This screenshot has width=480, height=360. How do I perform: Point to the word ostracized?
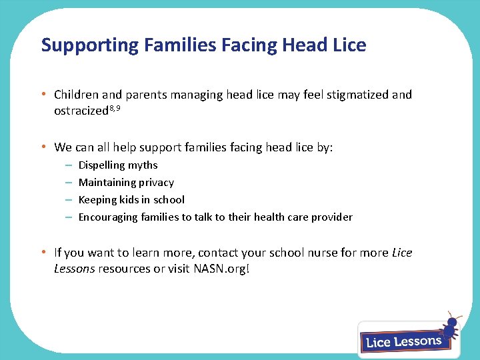(x=80, y=111)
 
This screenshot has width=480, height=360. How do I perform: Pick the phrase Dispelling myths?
(x=118, y=165)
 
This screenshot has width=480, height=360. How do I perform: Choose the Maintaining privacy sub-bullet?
(x=126, y=183)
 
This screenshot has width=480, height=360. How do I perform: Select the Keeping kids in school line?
(x=131, y=200)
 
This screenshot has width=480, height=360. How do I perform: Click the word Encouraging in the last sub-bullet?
(x=109, y=217)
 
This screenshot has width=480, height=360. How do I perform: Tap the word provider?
(x=332, y=217)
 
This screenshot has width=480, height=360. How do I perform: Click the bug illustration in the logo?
(x=450, y=327)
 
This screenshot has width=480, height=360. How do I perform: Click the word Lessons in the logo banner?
(x=417, y=341)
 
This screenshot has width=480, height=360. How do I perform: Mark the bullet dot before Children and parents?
(x=43, y=95)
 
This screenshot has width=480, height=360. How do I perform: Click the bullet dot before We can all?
(x=43, y=147)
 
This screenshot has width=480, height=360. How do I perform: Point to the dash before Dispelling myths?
(x=68, y=165)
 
